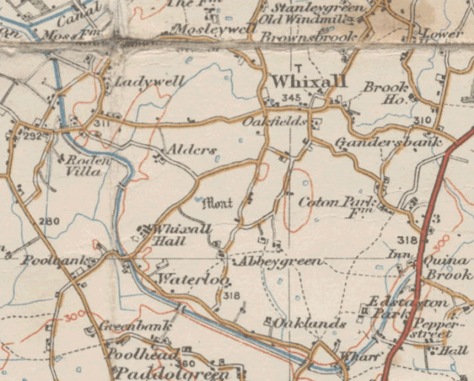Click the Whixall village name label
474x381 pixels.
298,81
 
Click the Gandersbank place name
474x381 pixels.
387,142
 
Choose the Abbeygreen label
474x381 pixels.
278,262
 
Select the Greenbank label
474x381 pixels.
136,326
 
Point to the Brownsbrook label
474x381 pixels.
319,35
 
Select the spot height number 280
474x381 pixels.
49,221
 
